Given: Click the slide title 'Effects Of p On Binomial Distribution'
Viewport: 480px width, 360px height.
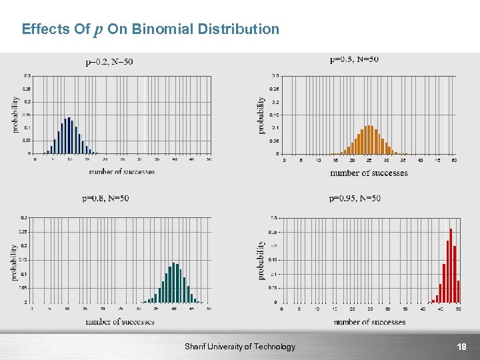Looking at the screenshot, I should [x=151, y=29].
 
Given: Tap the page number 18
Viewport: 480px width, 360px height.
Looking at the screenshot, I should [x=461, y=347].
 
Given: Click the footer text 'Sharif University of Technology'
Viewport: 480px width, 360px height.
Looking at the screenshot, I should [x=240, y=347].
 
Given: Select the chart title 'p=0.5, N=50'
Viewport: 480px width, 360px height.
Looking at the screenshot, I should [x=354, y=59].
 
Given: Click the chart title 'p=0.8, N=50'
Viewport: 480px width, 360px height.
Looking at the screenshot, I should [x=105, y=198].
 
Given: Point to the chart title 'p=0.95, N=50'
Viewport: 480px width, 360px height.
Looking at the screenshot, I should [x=355, y=198].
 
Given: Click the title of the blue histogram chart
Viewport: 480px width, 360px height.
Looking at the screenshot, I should [x=109, y=62].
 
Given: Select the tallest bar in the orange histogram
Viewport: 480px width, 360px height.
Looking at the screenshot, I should [x=369, y=139].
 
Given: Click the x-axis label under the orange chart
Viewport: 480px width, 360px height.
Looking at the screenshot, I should [x=369, y=173].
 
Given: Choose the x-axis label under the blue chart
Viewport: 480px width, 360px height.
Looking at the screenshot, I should [x=121, y=171].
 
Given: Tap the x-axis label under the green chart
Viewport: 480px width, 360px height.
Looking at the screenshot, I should [x=120, y=322].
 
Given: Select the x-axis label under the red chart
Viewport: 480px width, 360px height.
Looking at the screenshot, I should [x=369, y=322].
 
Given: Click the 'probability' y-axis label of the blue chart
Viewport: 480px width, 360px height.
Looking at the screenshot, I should [x=15, y=115].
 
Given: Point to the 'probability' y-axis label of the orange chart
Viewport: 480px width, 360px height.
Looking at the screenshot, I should [x=262, y=115].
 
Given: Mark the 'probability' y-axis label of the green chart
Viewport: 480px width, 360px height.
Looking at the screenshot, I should [x=15, y=262].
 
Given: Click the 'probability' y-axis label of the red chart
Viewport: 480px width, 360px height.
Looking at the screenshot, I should [x=261, y=260].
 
